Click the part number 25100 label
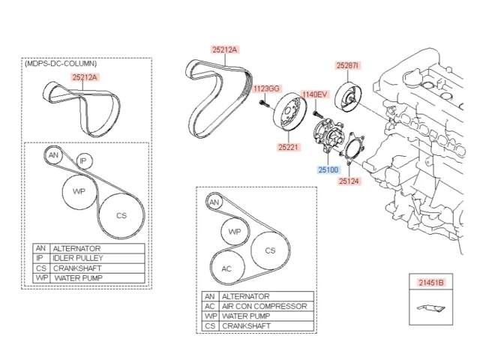pos(328,170)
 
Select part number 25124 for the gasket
pos(349,181)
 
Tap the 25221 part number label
pos(288,147)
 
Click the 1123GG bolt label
pos(267,88)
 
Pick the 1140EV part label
pos(315,94)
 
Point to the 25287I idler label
pos(348,65)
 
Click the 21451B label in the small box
pos(431,283)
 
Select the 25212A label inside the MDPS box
pos(85,77)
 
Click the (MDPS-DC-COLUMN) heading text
pos(61,63)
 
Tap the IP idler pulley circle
pos(83,160)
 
